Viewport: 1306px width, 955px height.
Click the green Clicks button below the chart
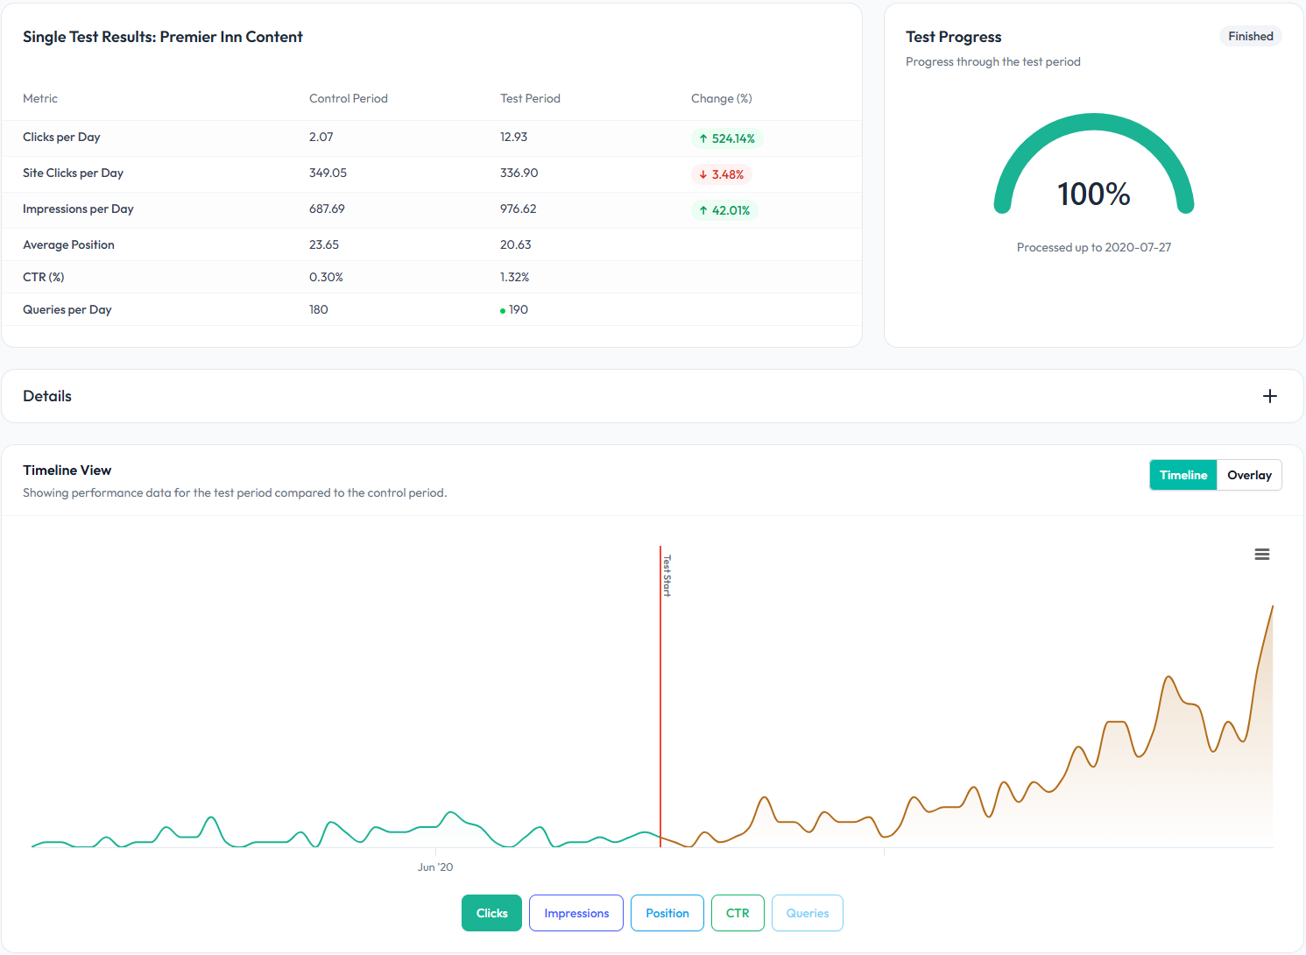click(x=491, y=913)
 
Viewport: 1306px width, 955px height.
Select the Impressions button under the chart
click(x=576, y=913)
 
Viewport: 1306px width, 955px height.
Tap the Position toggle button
click(x=667, y=913)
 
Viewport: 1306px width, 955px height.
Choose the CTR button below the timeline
click(x=738, y=913)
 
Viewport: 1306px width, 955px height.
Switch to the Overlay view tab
click(x=1249, y=475)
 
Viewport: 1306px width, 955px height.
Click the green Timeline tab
click(x=1183, y=475)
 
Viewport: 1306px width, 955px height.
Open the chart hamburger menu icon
click(x=1262, y=555)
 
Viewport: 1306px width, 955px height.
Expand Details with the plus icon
click(x=1270, y=396)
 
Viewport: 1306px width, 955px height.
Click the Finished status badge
click(x=1251, y=36)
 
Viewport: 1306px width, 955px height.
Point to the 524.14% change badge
click(x=727, y=138)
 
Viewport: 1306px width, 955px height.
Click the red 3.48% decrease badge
click(x=722, y=174)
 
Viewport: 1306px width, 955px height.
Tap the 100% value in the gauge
click(x=1094, y=194)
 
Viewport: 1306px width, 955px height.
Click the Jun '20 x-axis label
click(x=435, y=867)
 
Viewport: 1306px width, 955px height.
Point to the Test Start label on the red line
click(x=667, y=576)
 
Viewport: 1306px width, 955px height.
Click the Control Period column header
click(x=348, y=98)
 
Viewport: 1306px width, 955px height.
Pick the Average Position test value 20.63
click(x=515, y=244)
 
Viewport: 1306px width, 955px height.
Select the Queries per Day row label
click(x=67, y=309)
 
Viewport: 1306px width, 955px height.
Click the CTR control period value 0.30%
click(x=326, y=277)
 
